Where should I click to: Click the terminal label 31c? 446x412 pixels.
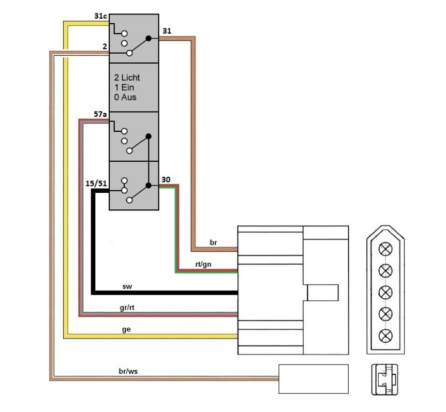(100, 17)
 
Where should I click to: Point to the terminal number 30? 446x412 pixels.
(166, 179)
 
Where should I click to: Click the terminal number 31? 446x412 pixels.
(167, 31)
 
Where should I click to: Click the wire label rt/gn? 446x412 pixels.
(203, 264)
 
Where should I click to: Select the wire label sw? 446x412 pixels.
(127, 286)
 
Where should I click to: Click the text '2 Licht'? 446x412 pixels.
(127, 78)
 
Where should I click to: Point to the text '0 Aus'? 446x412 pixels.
(125, 97)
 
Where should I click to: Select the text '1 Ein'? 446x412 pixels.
(124, 87)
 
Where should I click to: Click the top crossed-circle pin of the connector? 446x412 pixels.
(385, 249)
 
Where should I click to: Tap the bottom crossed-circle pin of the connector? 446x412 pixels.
(385, 335)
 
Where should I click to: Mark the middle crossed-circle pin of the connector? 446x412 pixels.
(385, 292)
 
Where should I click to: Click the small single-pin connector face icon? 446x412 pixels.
(384, 380)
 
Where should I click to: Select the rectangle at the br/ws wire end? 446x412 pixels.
(314, 379)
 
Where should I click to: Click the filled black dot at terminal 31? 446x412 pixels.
(148, 38)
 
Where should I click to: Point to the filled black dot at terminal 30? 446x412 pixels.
(148, 185)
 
